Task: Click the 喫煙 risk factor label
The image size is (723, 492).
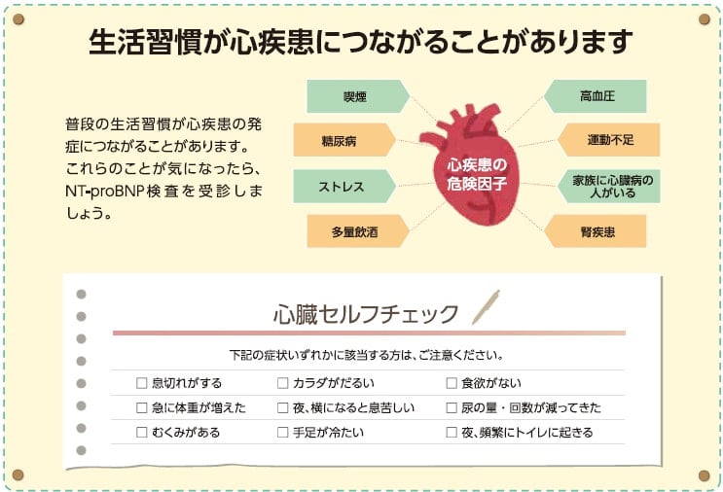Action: click(x=349, y=96)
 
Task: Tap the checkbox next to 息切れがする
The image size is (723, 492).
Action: click(x=142, y=383)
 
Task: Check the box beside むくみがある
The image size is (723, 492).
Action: click(x=142, y=432)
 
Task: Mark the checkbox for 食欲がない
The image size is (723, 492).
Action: click(x=452, y=383)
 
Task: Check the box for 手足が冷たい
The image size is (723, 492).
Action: click(x=282, y=432)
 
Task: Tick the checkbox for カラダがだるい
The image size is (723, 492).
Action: click(x=282, y=383)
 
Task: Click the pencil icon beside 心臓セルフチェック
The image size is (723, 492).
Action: click(x=485, y=307)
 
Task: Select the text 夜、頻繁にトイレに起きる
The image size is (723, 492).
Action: click(x=526, y=432)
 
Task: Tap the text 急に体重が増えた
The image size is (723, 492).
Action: click(x=199, y=407)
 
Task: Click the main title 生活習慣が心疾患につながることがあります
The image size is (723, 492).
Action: click(x=361, y=42)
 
